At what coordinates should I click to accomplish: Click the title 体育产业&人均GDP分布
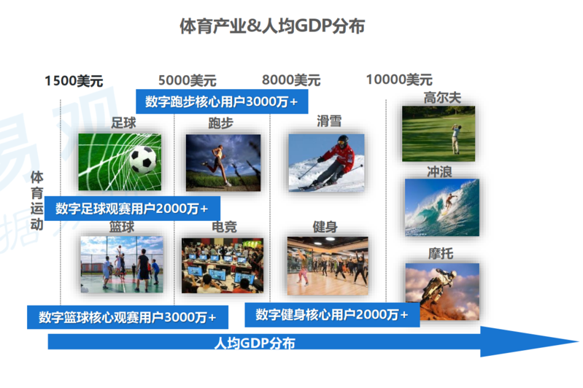tap(272, 26)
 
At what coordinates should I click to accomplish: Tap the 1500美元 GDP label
tap(74, 81)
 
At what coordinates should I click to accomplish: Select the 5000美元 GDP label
tap(188, 80)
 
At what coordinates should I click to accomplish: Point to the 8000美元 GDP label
tap(291, 80)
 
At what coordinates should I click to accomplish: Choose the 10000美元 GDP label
tap(399, 79)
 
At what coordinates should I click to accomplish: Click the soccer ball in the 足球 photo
tap(143, 160)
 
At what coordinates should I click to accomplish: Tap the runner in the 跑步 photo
tap(217, 165)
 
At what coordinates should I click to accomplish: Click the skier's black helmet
tap(343, 141)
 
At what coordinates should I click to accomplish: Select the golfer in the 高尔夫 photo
tap(455, 139)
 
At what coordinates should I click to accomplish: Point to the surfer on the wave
tap(449, 203)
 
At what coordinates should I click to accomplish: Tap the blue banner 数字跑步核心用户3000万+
tap(222, 101)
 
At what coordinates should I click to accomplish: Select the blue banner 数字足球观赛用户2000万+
tap(132, 209)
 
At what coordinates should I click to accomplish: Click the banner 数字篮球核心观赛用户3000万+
tap(128, 317)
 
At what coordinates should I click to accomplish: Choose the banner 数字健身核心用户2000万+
tap(332, 315)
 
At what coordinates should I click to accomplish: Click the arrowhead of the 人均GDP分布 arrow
tap(577, 341)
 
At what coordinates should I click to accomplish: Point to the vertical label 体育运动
tap(36, 201)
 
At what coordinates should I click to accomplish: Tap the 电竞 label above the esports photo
tap(224, 227)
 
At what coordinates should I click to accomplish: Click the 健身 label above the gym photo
tap(325, 226)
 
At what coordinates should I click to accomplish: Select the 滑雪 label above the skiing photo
tap(329, 121)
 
